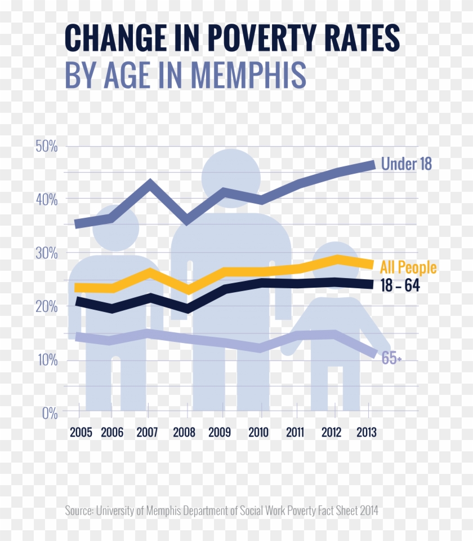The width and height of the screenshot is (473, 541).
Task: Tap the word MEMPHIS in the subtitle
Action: (x=248, y=75)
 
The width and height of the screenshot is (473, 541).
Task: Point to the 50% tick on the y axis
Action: (x=46, y=147)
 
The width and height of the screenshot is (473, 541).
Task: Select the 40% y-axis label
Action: (x=46, y=200)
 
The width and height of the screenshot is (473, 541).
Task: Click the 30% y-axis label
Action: (x=46, y=253)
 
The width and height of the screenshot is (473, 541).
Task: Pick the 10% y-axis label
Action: (x=46, y=360)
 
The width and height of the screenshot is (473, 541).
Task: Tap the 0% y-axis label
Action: (x=50, y=413)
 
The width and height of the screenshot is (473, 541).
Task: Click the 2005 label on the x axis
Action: (x=81, y=433)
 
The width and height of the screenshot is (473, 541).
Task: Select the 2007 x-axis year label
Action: (x=147, y=433)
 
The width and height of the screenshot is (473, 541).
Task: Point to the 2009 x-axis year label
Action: (x=220, y=433)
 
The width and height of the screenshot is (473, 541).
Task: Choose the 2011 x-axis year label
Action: (x=294, y=433)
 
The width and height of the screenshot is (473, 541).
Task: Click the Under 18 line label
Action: (x=406, y=164)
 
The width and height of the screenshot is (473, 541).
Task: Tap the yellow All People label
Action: (x=408, y=267)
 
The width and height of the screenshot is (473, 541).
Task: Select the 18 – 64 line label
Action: (x=400, y=286)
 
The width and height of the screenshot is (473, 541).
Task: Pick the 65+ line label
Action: (x=391, y=358)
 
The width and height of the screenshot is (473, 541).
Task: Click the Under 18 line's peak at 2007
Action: (x=150, y=183)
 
